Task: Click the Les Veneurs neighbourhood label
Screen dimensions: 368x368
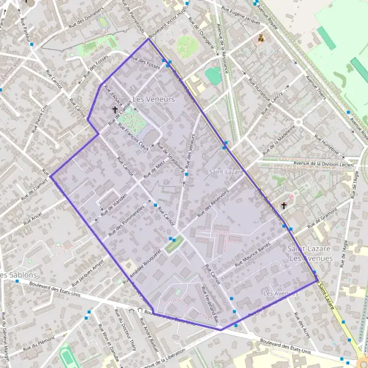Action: (153, 99)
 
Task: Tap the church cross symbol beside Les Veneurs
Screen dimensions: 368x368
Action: (115, 110)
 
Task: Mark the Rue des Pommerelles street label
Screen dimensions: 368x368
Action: (126, 221)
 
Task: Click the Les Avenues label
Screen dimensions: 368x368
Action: (280, 294)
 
